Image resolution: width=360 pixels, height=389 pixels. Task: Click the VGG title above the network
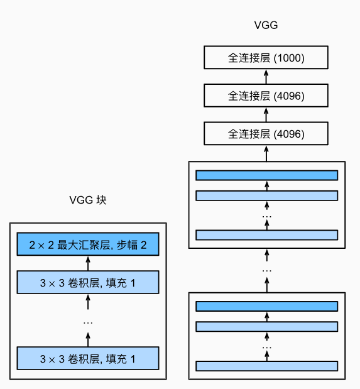pyautogui.click(x=266, y=26)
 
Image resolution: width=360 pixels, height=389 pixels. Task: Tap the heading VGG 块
pyautogui.click(x=88, y=200)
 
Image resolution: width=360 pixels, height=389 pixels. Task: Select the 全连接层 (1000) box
pyautogui.click(x=266, y=58)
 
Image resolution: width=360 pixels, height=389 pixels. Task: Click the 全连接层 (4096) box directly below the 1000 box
pyautogui.click(x=266, y=96)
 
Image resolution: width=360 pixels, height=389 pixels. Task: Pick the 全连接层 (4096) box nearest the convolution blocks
pyautogui.click(x=266, y=134)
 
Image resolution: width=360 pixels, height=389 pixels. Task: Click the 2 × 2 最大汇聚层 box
pyautogui.click(x=88, y=244)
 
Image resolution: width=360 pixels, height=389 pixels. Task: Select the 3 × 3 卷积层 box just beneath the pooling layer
pyautogui.click(x=88, y=282)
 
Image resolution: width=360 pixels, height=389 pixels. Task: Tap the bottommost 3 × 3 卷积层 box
pyautogui.click(x=88, y=359)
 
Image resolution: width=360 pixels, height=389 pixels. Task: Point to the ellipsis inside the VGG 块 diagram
pyautogui.click(x=88, y=322)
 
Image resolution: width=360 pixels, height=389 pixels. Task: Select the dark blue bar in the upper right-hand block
pyautogui.click(x=266, y=175)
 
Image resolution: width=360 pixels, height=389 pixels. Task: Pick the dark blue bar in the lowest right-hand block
pyautogui.click(x=266, y=306)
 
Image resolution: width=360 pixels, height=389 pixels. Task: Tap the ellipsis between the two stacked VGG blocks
pyautogui.click(x=266, y=270)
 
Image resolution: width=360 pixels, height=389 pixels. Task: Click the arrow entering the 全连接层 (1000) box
pyautogui.click(x=266, y=77)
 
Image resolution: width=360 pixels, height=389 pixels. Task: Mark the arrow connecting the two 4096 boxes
pyautogui.click(x=266, y=115)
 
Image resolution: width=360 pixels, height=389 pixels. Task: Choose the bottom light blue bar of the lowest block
pyautogui.click(x=266, y=366)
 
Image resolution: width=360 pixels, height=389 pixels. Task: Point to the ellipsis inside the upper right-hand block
pyautogui.click(x=266, y=216)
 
